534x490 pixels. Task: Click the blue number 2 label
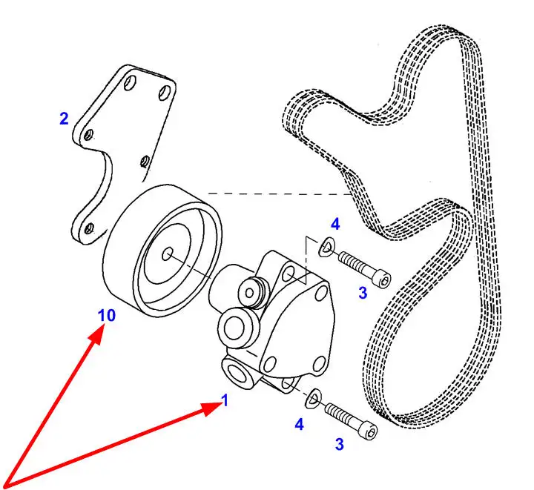(65, 117)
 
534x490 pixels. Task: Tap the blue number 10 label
(107, 315)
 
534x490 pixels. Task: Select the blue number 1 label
(225, 401)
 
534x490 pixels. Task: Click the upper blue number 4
(335, 223)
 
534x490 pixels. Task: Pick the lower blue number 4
(299, 425)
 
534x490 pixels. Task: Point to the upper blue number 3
(362, 293)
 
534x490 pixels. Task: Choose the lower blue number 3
(339, 445)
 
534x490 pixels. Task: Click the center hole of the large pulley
(168, 254)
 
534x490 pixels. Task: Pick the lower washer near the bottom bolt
(313, 398)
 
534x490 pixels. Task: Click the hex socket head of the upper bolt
(381, 279)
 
